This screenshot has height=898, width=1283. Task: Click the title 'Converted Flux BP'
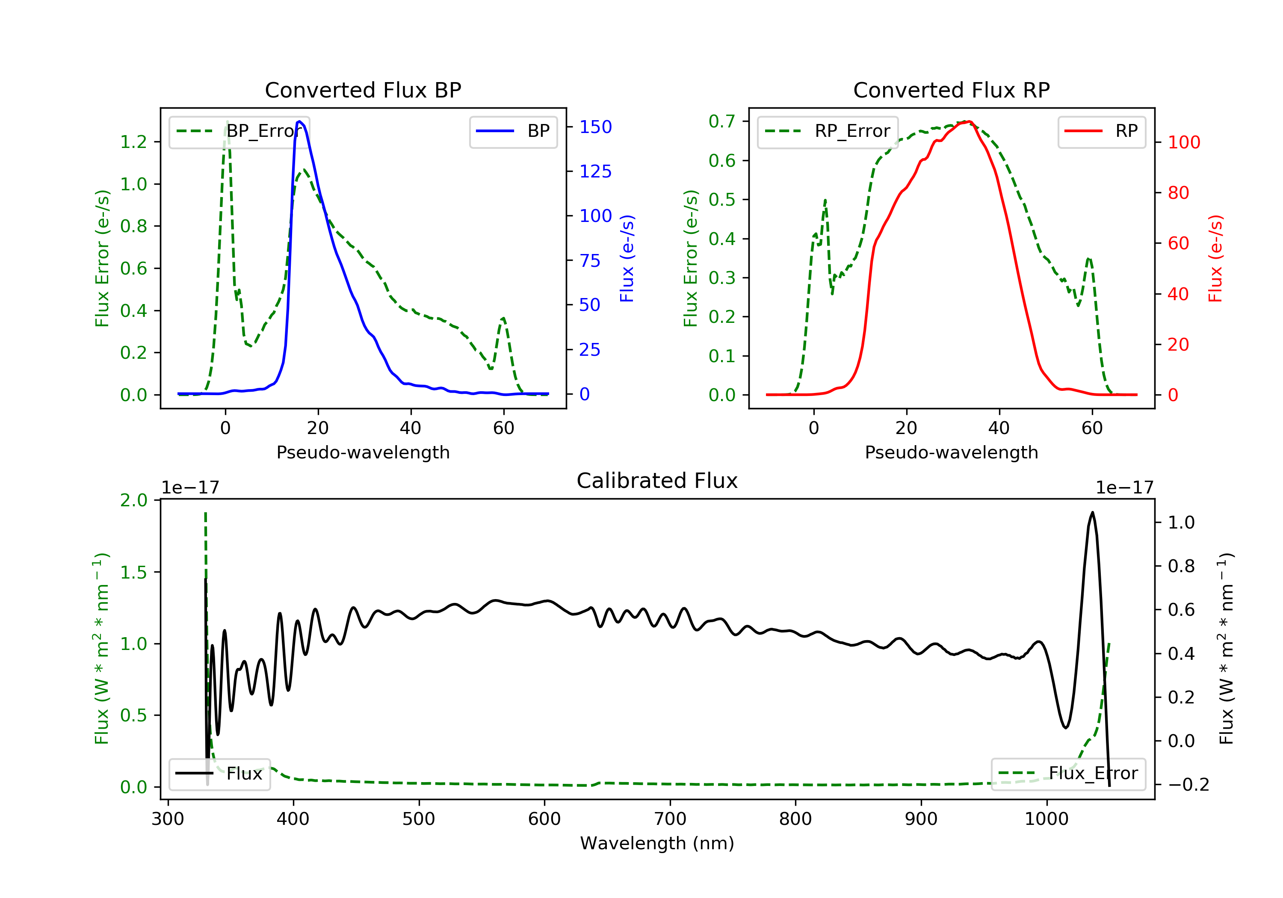pos(363,90)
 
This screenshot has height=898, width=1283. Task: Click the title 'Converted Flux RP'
pos(951,90)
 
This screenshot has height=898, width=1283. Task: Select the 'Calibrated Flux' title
pos(657,481)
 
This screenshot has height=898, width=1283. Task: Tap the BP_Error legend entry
pos(239,131)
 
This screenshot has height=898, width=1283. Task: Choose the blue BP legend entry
pos(513,131)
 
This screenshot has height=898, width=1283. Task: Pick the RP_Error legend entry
pos(828,131)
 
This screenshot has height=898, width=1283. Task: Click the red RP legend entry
pos(1101,131)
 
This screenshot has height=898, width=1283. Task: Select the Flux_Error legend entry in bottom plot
pos(1068,774)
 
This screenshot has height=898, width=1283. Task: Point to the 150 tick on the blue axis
pos(595,127)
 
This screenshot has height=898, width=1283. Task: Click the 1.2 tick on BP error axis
pos(133,142)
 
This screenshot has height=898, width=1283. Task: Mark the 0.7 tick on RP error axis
pos(722,121)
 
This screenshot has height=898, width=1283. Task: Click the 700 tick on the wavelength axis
pos(670,819)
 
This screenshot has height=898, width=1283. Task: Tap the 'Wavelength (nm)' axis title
pos(657,843)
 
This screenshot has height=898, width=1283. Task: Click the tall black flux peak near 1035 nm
pos(1092,512)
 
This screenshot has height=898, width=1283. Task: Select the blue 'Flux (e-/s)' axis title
pos(627,258)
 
